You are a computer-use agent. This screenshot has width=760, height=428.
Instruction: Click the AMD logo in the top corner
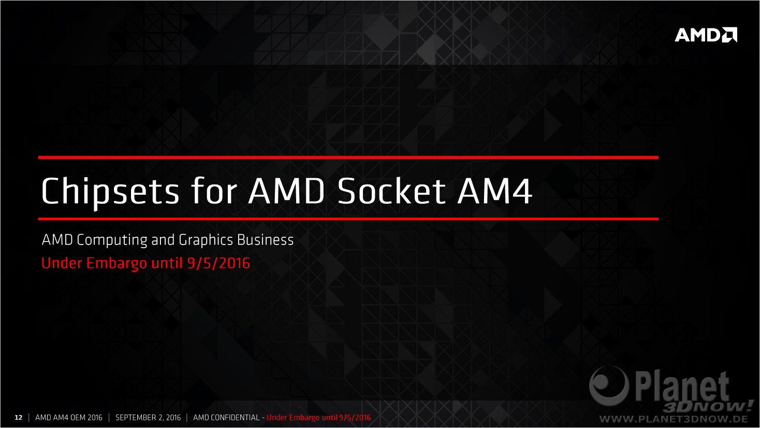(706, 35)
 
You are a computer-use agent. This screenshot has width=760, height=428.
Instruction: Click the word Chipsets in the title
(110, 192)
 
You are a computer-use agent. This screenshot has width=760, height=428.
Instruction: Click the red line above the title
(348, 158)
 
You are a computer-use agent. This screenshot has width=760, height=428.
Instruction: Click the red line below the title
(348, 219)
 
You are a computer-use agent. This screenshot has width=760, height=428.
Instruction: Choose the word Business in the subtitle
(265, 240)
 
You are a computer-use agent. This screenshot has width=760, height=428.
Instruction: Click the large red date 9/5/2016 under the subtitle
(218, 263)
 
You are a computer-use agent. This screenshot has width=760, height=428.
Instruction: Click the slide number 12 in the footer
(18, 418)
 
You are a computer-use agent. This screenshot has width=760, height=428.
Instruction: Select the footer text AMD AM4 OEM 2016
(69, 418)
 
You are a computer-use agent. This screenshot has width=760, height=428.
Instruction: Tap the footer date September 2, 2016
(148, 418)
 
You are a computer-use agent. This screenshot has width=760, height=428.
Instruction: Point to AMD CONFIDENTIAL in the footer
(226, 418)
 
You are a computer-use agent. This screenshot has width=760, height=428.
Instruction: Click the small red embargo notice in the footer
(319, 418)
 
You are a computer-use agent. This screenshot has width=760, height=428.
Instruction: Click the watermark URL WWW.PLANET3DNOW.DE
(674, 419)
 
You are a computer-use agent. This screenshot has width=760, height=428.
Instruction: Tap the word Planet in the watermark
(682, 387)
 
